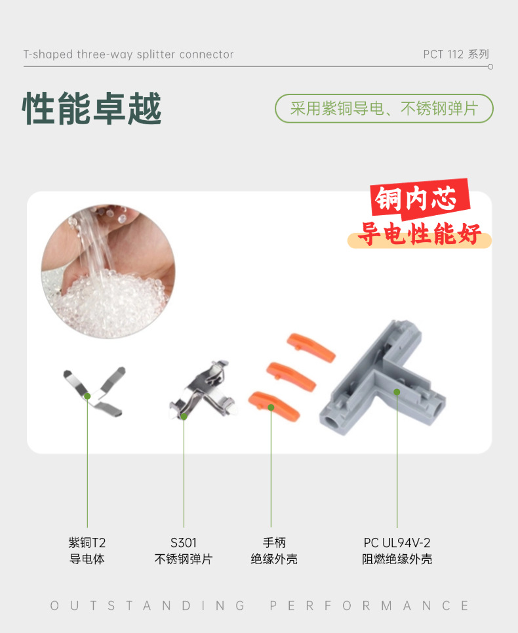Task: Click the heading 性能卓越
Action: tap(92, 109)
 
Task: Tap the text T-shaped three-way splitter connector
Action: tap(129, 54)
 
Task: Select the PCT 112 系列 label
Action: tap(456, 54)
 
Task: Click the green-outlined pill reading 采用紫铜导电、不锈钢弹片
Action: tap(384, 109)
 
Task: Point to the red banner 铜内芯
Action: tap(421, 199)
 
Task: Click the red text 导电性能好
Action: tap(420, 234)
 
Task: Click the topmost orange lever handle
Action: tap(311, 347)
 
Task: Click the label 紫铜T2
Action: tap(87, 542)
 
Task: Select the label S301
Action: tap(184, 542)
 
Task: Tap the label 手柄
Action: tap(274, 542)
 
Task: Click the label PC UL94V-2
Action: tap(397, 542)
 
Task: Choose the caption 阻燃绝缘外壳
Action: tap(397, 560)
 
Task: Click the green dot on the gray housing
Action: tap(397, 392)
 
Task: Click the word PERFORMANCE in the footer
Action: tap(369, 605)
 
